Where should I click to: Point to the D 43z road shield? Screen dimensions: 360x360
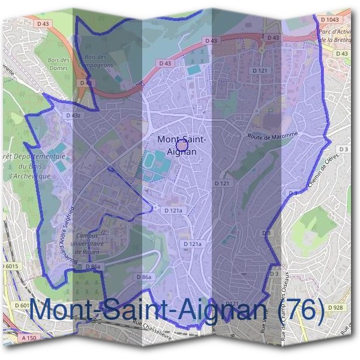click(x=73, y=115)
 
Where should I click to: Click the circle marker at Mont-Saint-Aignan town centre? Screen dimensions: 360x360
click(x=183, y=144)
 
